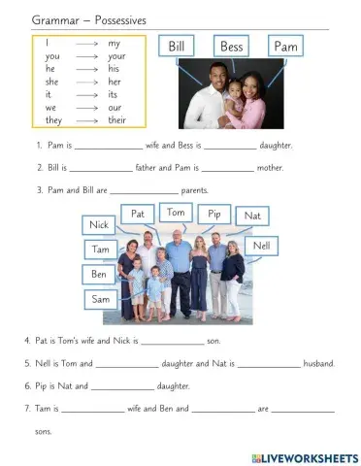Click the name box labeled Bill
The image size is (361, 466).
tap(178, 47)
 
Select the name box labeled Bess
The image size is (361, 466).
tap(232, 47)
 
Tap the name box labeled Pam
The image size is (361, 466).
tap(286, 47)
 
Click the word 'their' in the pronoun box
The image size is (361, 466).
tap(117, 120)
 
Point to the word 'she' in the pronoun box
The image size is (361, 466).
tap(51, 83)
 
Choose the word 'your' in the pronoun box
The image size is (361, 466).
tap(117, 57)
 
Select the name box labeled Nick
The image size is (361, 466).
tap(98, 225)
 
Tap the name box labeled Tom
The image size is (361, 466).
tap(176, 213)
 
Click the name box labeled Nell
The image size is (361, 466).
tap(260, 246)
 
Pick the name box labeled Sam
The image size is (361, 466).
tap(99, 300)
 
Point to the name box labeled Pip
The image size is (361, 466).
tap(213, 214)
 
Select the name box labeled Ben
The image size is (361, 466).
tap(99, 275)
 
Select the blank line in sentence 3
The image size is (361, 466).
tap(144, 192)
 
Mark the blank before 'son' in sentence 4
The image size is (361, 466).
tap(173, 344)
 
